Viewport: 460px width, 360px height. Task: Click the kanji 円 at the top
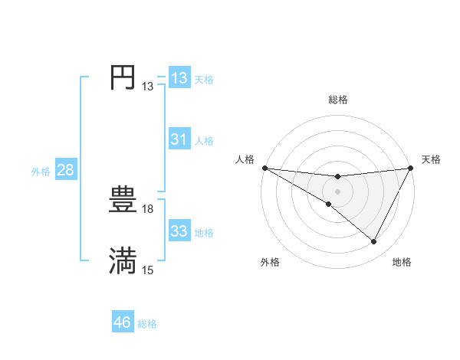coord(123,77)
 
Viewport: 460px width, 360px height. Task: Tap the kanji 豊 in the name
coord(123,201)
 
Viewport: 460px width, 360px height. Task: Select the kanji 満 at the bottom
coord(123,260)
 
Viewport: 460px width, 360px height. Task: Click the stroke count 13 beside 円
coord(148,87)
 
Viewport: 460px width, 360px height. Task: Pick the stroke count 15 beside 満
coord(148,270)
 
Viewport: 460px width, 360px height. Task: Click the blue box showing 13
coord(179,78)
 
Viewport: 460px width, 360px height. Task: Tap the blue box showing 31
coord(179,139)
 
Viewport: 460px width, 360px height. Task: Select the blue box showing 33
coord(179,231)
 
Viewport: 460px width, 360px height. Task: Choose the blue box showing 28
coord(65,170)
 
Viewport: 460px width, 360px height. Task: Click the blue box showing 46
coord(123,322)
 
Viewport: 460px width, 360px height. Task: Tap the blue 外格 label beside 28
coord(41,172)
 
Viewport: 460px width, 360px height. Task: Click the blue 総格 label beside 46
coord(147,324)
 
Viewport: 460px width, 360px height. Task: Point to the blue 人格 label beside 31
coord(205,141)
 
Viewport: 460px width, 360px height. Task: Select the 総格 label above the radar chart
coord(337,100)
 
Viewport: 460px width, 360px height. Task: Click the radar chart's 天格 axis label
coord(431,159)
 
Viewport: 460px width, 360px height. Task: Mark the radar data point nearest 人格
coord(264,168)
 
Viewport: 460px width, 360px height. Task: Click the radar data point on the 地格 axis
coord(374,242)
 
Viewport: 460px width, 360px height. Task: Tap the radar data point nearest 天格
coord(411,169)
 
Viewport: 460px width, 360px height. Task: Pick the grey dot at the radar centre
coord(337,191)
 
